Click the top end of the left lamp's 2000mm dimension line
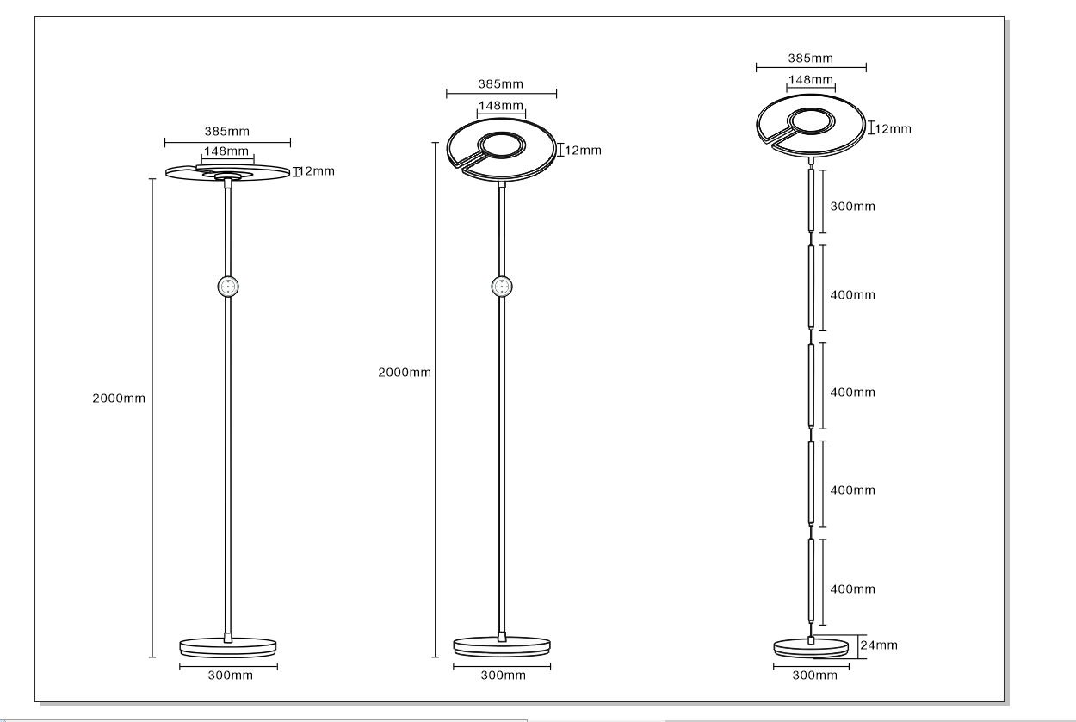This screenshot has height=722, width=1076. [152, 179]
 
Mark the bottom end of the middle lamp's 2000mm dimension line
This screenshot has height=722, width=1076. [436, 657]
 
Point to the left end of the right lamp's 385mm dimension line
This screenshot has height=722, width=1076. [757, 67]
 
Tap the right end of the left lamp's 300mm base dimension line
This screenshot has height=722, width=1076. [277, 666]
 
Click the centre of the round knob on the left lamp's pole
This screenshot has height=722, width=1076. [228, 287]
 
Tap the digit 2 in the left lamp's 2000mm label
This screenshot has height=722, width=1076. [96, 398]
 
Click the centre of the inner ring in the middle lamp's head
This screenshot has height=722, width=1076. [502, 145]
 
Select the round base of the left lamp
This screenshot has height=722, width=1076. [228, 647]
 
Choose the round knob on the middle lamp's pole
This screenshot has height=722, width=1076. [502, 287]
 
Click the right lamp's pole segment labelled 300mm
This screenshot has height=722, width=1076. [812, 201]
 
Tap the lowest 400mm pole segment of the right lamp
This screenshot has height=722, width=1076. [812, 581]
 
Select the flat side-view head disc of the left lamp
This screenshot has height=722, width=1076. [228, 172]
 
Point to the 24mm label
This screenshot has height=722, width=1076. [879, 645]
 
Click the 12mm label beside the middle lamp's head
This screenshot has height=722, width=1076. [583, 151]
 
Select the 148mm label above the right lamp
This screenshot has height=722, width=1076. [811, 80]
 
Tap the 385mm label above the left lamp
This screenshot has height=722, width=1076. [227, 131]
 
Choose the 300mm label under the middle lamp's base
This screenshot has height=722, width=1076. [504, 676]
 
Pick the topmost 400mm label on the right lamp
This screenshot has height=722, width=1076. [853, 295]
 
